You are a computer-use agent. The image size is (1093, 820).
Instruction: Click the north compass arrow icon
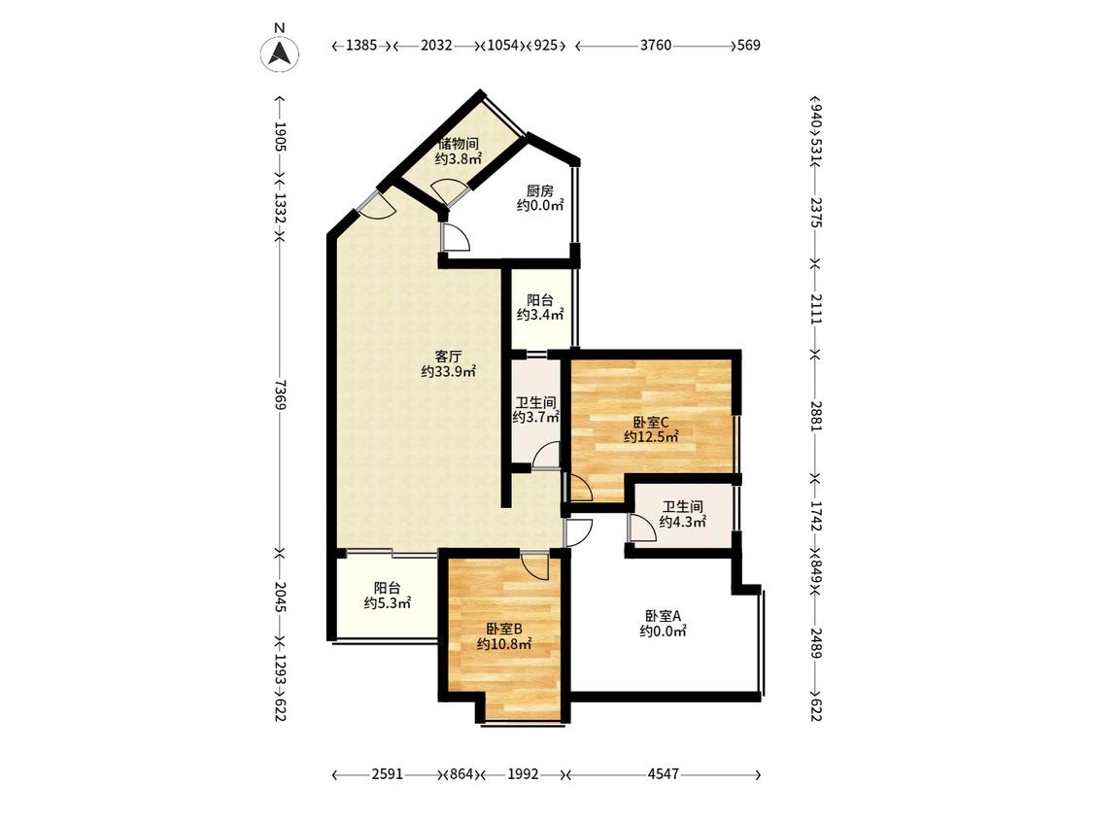pos(280,53)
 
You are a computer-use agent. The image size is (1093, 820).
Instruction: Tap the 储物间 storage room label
pos(458,145)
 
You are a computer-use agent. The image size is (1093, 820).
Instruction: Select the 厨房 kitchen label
pos(539,190)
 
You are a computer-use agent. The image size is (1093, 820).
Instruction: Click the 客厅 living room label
pos(449,357)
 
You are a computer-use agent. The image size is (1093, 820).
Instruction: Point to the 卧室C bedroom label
pos(651,422)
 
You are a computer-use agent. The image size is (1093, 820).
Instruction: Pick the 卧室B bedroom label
pos(504,629)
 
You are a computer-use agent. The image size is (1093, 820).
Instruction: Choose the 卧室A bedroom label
pos(663,616)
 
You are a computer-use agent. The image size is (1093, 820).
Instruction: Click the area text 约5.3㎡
pos(388,603)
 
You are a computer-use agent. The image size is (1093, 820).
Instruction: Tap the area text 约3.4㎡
pos(540,315)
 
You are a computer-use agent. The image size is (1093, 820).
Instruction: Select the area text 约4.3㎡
pos(683,522)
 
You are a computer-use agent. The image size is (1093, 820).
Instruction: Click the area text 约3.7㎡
pos(536,418)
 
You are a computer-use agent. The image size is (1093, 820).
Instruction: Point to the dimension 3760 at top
pos(656,46)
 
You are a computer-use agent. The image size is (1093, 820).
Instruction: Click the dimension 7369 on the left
pos(280,394)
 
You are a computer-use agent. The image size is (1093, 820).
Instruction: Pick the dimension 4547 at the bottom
pos(663,774)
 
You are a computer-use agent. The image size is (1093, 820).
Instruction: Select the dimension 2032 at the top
pos(437,46)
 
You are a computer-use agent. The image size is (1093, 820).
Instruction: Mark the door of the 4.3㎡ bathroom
pos(642,528)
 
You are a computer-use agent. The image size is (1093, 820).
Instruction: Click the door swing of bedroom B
pos(536,564)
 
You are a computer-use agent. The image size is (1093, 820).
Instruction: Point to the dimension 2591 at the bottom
pos(388,774)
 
